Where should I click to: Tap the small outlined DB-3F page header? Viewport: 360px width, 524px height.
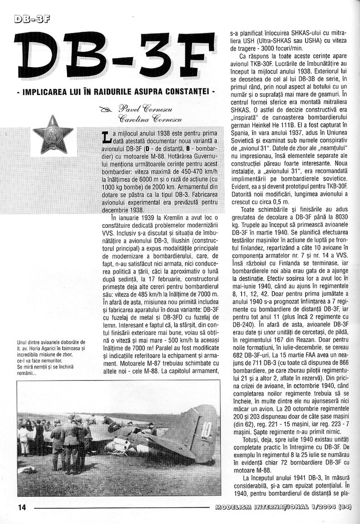tap(31, 19)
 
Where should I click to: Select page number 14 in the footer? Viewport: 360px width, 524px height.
tap(22, 507)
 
